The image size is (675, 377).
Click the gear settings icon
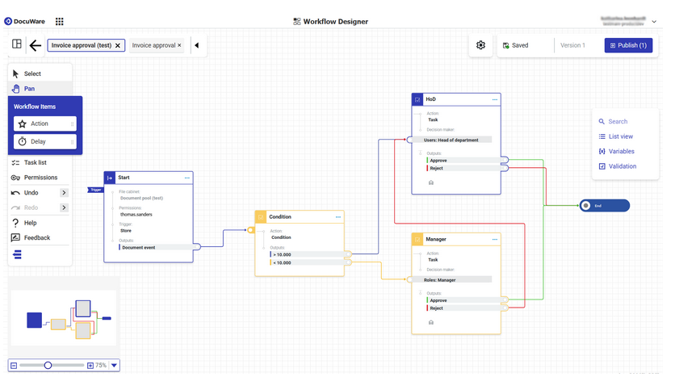pyautogui.click(x=480, y=45)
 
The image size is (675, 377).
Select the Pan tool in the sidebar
pyautogui.click(x=29, y=89)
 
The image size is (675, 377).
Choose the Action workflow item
pyautogui.click(x=40, y=124)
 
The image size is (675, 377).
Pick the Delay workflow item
pyautogui.click(x=39, y=141)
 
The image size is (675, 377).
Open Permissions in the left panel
pyautogui.click(x=40, y=178)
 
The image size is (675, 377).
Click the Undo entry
pyautogui.click(x=31, y=193)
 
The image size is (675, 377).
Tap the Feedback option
pyautogui.click(x=36, y=237)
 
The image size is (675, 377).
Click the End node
pyautogui.click(x=604, y=206)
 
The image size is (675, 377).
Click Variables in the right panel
pyautogui.click(x=621, y=151)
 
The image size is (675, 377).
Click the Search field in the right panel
pyautogui.click(x=618, y=122)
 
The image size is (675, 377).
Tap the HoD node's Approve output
pyautogui.click(x=463, y=161)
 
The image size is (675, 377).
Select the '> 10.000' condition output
pyautogui.click(x=307, y=254)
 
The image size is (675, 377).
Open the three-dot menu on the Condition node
pyautogui.click(x=338, y=217)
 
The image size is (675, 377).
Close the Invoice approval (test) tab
pyautogui.click(x=118, y=46)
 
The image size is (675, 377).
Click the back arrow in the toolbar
pyautogui.click(x=36, y=46)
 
